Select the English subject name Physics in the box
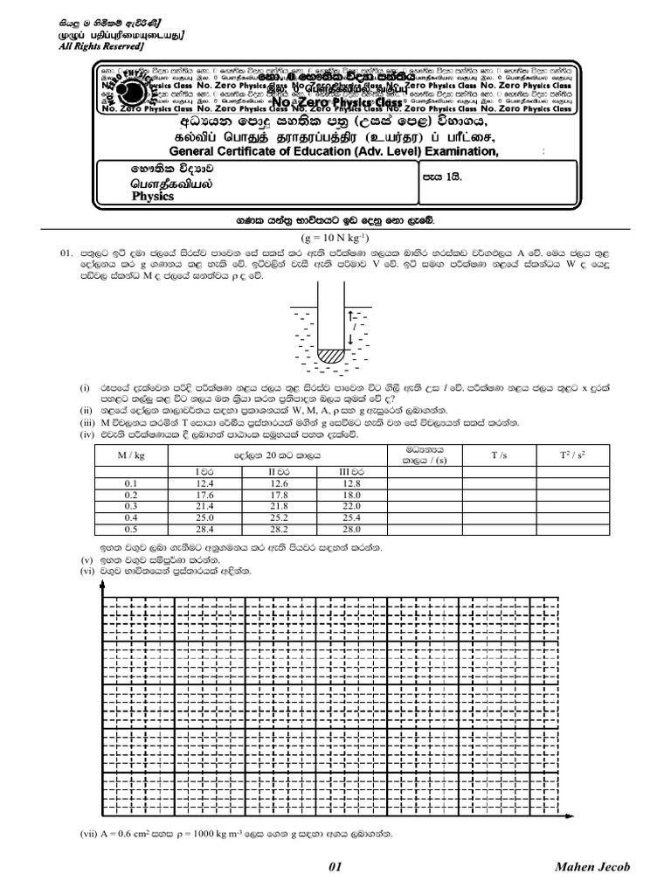click(x=153, y=197)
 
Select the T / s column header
click(x=496, y=455)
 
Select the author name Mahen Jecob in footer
click(x=591, y=867)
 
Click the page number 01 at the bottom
click(x=335, y=867)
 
